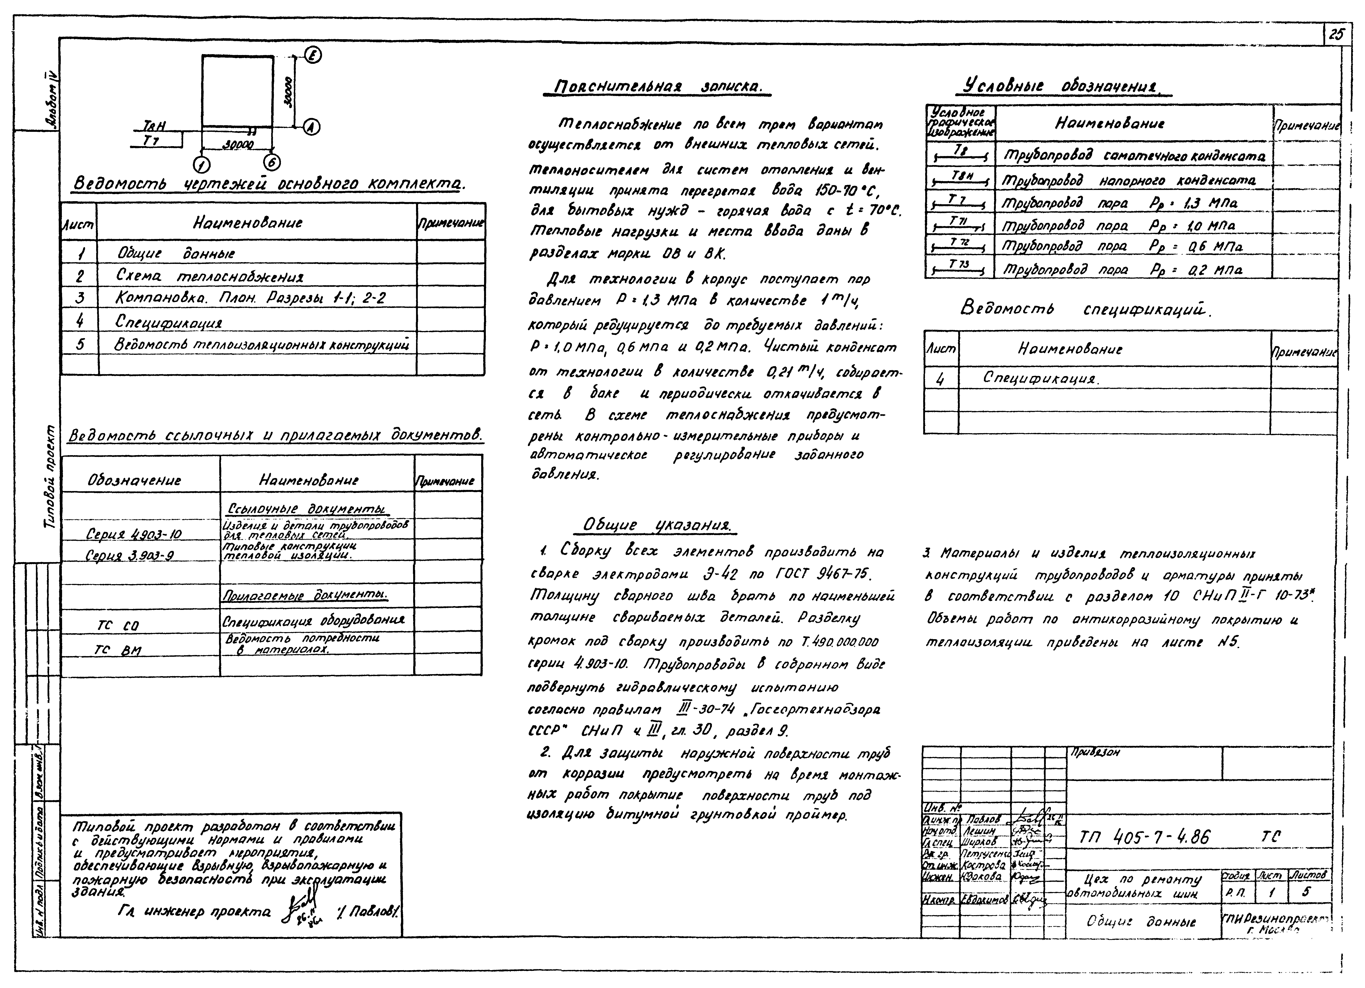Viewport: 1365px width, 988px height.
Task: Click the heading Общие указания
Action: pyautogui.click(x=659, y=525)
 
